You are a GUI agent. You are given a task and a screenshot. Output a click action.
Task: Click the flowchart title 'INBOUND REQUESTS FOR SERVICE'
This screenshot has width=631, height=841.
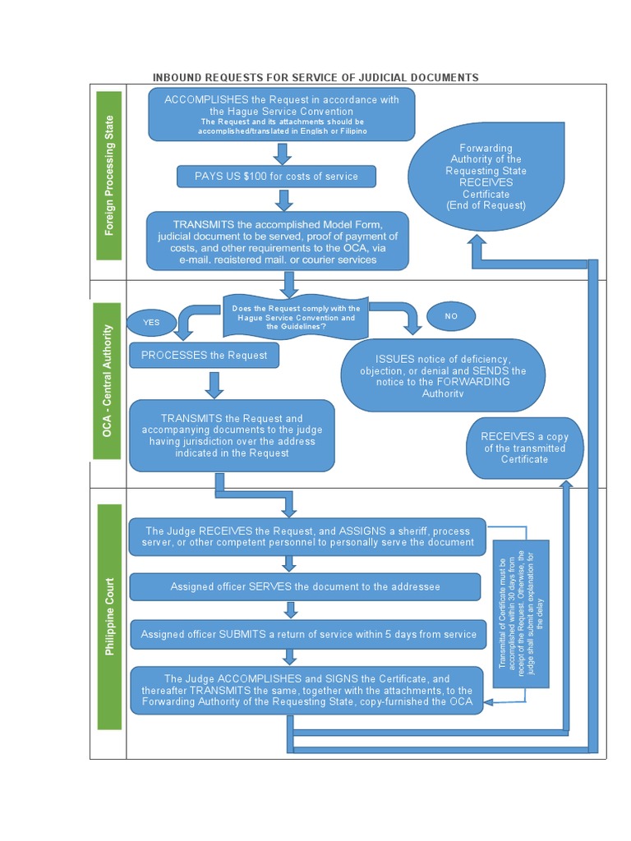tap(315, 77)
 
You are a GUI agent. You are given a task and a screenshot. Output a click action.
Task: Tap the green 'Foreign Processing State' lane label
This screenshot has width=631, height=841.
tap(109, 176)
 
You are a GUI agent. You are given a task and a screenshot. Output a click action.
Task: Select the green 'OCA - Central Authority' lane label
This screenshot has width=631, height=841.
tap(108, 381)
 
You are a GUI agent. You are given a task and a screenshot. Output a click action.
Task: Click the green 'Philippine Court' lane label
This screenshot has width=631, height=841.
tap(109, 616)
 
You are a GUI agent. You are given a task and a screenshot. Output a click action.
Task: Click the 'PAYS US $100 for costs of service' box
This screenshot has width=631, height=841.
tap(276, 177)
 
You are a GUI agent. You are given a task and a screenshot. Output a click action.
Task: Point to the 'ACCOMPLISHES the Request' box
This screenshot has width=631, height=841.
tap(281, 114)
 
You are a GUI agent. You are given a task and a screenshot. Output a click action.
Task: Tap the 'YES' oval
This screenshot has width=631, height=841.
tap(151, 323)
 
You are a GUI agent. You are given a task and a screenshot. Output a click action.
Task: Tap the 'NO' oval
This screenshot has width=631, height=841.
tap(451, 316)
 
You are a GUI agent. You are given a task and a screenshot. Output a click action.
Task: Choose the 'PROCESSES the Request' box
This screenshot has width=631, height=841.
tap(204, 356)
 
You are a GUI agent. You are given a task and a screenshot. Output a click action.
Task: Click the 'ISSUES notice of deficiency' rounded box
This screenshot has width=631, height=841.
tap(443, 375)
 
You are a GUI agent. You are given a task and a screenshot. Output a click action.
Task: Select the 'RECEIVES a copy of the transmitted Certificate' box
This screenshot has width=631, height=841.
tap(524, 448)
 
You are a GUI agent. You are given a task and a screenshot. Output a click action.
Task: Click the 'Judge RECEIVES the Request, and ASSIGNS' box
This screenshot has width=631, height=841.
tap(311, 536)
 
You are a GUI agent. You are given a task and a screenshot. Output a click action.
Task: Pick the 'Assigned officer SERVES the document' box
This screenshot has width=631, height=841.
tap(305, 586)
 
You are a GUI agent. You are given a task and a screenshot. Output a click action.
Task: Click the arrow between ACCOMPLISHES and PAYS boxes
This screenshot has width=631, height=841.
tap(283, 154)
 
